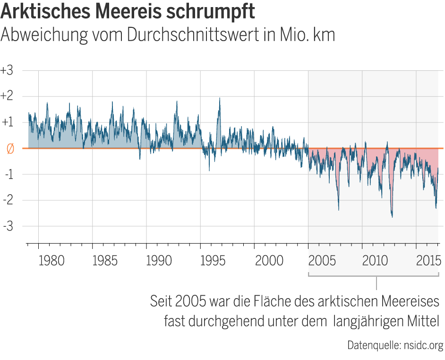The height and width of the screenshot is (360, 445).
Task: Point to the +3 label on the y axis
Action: pyautogui.click(x=7, y=70)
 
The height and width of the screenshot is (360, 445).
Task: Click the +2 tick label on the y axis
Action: pyautogui.click(x=7, y=96)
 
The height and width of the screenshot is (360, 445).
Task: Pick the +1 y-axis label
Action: pyautogui.click(x=7, y=122)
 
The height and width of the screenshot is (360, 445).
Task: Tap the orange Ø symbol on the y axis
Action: pyautogui.click(x=9, y=149)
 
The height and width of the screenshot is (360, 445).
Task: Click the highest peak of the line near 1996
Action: pyautogui.click(x=220, y=98)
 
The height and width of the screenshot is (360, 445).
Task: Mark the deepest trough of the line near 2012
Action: pyautogui.click(x=392, y=216)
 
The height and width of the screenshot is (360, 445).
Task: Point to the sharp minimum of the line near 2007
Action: pyautogui.click(x=338, y=209)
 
